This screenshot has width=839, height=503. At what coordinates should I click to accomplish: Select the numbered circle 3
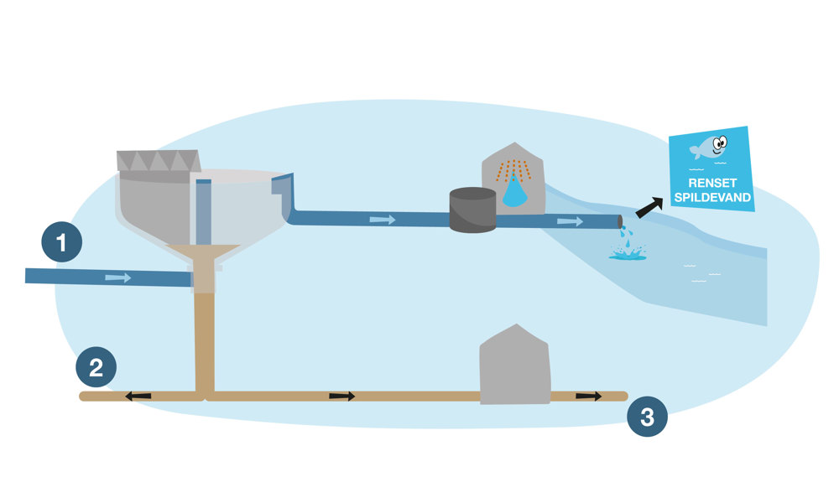tap(647, 417)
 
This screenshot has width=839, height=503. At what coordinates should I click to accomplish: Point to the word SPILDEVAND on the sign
tap(712, 200)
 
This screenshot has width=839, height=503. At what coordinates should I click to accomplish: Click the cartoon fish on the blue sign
tap(709, 148)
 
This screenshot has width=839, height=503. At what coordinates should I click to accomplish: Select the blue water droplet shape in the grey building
tap(515, 194)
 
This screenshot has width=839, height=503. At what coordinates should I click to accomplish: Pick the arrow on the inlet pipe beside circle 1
tap(118, 277)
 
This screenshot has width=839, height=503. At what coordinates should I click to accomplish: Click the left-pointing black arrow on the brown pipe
tap(138, 396)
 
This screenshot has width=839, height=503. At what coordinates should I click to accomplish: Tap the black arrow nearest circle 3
tap(589, 396)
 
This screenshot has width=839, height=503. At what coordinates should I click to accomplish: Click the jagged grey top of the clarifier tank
tap(159, 161)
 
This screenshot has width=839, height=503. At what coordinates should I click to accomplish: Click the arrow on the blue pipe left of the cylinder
tap(382, 220)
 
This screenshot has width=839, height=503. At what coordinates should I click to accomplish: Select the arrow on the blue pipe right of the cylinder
tap(571, 221)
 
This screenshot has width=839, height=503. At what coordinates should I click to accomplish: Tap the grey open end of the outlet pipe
tap(620, 222)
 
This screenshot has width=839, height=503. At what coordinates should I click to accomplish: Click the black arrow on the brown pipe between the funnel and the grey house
tap(341, 396)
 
